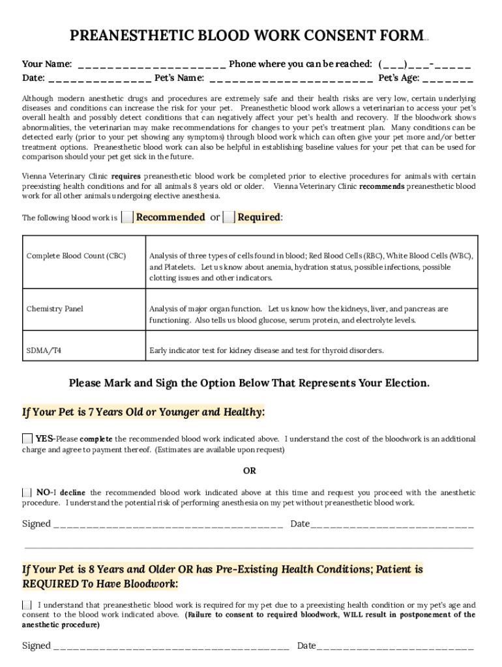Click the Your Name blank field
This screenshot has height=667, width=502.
tap(151, 64)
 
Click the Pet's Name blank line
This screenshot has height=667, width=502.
tap(291, 79)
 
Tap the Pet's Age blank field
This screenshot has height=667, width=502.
tap(447, 79)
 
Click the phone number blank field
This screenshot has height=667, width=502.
tap(424, 64)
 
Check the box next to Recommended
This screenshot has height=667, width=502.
tap(128, 218)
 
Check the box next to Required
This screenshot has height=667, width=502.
tap(229, 218)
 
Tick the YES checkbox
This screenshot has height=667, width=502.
tap(27, 438)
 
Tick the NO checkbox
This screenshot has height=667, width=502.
tap(27, 492)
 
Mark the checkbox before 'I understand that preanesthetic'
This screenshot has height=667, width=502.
tap(27, 605)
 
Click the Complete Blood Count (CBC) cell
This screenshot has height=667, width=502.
tap(76, 256)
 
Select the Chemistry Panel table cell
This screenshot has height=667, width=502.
tap(55, 309)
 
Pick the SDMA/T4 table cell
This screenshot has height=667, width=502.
tap(44, 350)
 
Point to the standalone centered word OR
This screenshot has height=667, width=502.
tap(250, 470)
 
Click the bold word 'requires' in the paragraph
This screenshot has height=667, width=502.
tap(126, 177)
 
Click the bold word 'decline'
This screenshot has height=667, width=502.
tap(73, 493)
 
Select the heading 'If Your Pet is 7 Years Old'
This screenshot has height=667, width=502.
tap(143, 412)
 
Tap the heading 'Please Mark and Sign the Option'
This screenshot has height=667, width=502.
tap(250, 383)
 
